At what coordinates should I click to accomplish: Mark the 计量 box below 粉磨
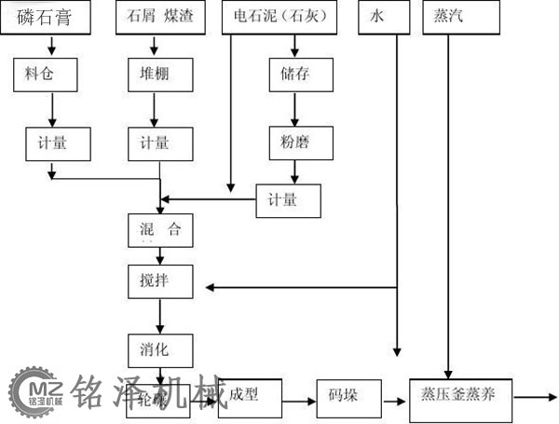288,200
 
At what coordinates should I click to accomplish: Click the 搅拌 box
160,280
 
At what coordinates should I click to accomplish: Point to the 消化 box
160,349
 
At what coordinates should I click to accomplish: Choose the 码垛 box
349,397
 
